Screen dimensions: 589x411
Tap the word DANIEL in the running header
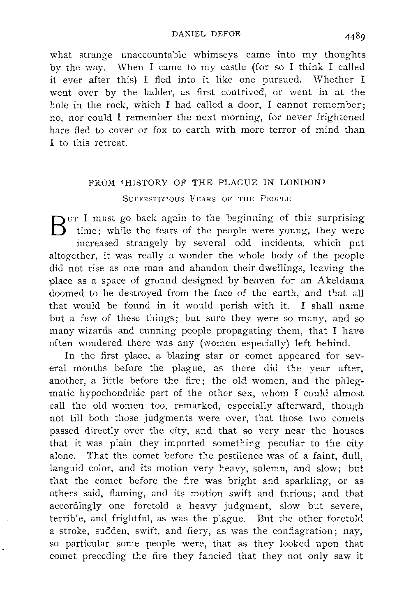(185, 34)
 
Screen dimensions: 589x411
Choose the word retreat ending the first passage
(110, 143)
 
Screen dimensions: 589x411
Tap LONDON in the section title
(298, 182)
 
